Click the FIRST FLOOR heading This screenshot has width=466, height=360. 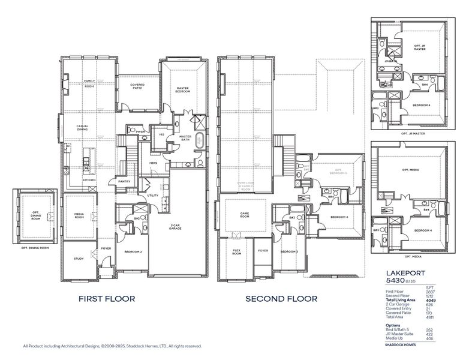click(107, 298)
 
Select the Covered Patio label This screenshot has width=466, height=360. click(137, 86)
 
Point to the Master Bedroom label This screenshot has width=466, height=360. click(182, 90)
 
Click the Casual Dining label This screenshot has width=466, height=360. click(83, 128)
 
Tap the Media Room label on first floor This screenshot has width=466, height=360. click(79, 216)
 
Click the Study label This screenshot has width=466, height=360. click(79, 259)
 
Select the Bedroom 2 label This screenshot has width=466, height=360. click(133, 252)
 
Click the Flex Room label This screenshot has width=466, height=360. click(236, 253)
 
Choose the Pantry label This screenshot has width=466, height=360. click(124, 181)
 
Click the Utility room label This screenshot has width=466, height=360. click(152, 196)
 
